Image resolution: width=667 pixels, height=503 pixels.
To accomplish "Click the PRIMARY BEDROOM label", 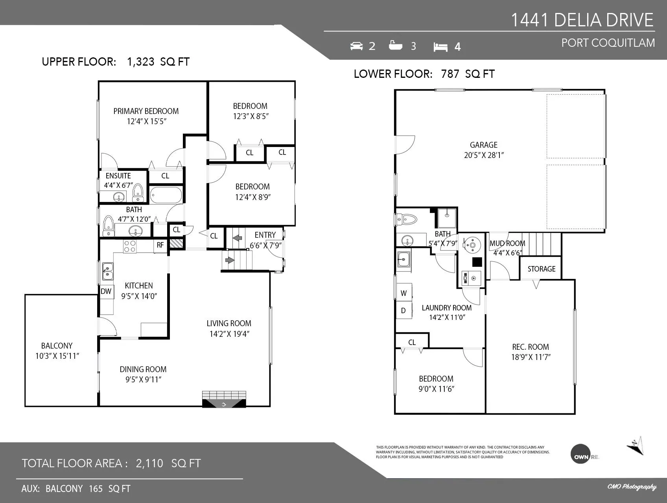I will pyautogui.click(x=146, y=111).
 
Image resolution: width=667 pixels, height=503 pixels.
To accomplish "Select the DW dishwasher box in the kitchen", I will pyautogui.click(x=106, y=292).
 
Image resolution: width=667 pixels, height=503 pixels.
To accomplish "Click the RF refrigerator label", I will pyautogui.click(x=160, y=245).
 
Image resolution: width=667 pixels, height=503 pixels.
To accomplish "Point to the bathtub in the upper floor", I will pyautogui.click(x=166, y=195).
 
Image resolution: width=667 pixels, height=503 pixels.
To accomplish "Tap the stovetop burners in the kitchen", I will pyautogui.click(x=130, y=246).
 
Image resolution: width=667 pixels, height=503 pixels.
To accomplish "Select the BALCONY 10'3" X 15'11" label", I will pyautogui.click(x=57, y=351).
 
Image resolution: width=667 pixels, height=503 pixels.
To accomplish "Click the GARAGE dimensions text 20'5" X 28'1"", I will pyautogui.click(x=484, y=155).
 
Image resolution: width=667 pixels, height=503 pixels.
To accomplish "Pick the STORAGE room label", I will pyautogui.click(x=541, y=269).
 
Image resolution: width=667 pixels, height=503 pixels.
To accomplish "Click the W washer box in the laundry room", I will pyautogui.click(x=404, y=293).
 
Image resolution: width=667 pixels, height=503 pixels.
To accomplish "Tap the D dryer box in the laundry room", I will pyautogui.click(x=404, y=310).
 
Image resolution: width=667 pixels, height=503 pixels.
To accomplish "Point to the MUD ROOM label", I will pyautogui.click(x=507, y=244).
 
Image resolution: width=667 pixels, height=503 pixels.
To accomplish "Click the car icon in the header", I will pyautogui.click(x=356, y=46).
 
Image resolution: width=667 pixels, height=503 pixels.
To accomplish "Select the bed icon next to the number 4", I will pyautogui.click(x=440, y=47).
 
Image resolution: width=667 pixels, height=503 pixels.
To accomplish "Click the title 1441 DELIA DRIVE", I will pyautogui.click(x=582, y=20).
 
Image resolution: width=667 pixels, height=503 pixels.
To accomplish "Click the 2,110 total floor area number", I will pyautogui.click(x=149, y=463).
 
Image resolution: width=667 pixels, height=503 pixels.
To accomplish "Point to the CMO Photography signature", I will pyautogui.click(x=632, y=487).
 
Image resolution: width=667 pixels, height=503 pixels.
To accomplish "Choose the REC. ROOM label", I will pyautogui.click(x=530, y=347).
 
